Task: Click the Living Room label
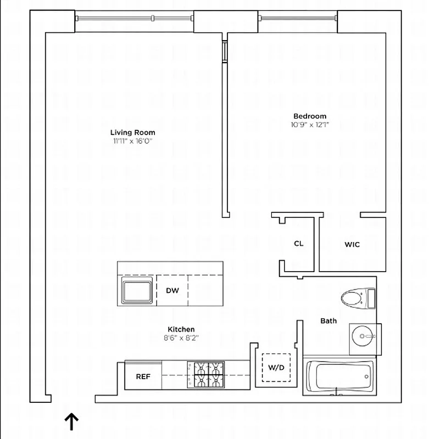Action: click(x=132, y=132)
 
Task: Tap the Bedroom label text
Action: click(x=310, y=116)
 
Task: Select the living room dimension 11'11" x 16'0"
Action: click(x=132, y=141)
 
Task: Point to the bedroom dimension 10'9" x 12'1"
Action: click(x=310, y=125)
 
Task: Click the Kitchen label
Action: click(x=181, y=329)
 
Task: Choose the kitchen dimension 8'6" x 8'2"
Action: click(x=181, y=338)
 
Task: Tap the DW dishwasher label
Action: click(x=172, y=290)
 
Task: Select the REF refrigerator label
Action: click(x=143, y=376)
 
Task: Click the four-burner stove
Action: click(x=207, y=375)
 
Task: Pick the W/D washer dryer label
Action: click(x=276, y=367)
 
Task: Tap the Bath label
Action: click(x=328, y=320)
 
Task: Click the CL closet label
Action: click(x=298, y=244)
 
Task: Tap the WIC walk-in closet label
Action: click(x=352, y=244)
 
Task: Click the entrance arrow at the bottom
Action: click(x=72, y=421)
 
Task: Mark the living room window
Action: click(x=134, y=19)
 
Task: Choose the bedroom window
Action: click(x=298, y=19)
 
